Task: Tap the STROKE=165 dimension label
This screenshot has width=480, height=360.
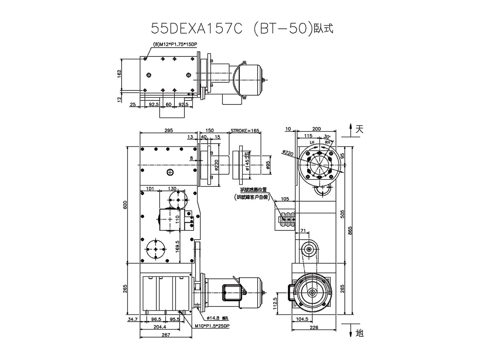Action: coord(245,130)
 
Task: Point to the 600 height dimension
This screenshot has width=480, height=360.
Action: coord(125,205)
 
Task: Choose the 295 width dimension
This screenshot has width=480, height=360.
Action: coord(168,130)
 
